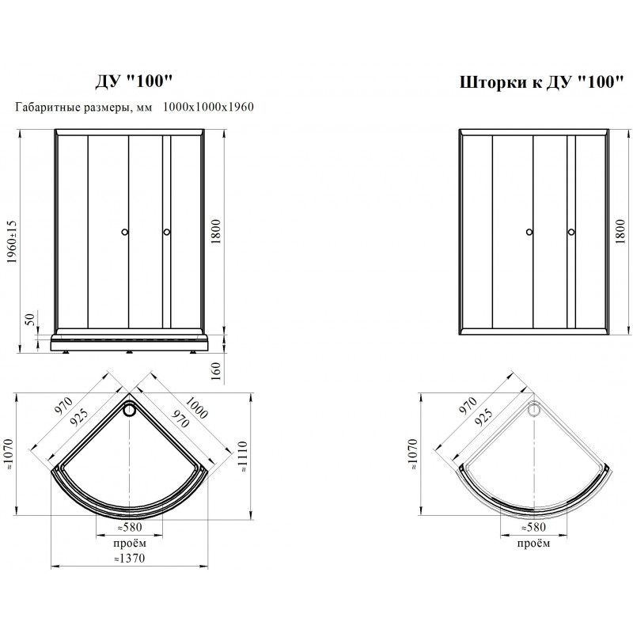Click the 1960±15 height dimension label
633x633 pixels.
[x=12, y=242]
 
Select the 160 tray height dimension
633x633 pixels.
[x=216, y=371]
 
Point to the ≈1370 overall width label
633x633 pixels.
[x=129, y=559]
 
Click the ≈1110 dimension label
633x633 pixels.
[x=242, y=457]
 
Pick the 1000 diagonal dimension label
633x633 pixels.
[x=196, y=407]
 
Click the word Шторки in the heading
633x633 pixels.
[x=493, y=82]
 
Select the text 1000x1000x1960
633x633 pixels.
[x=208, y=107]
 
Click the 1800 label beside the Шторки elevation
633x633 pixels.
[x=620, y=232]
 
